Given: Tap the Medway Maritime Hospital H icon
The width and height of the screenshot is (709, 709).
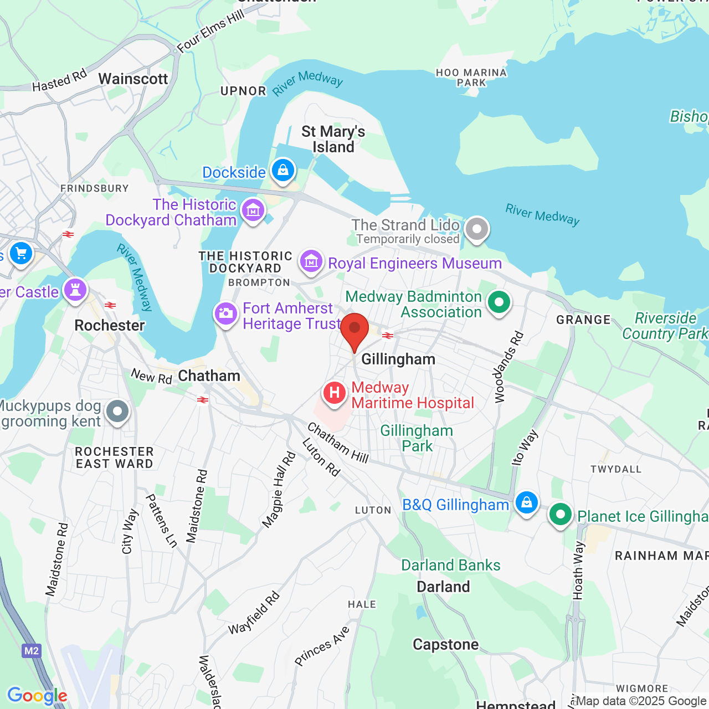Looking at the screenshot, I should (335, 394).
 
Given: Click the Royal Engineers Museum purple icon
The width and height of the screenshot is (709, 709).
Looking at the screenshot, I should (311, 261).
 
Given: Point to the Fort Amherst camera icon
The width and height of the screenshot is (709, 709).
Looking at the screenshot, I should (226, 314).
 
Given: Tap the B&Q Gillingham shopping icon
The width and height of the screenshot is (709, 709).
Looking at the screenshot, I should (526, 502).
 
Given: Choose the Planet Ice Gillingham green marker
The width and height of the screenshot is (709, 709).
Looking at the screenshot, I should (561, 515).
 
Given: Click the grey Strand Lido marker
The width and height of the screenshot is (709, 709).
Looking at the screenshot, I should (476, 228).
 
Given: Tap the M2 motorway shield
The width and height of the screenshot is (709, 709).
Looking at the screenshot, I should (32, 651).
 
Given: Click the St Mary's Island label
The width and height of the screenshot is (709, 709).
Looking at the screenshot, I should (333, 140).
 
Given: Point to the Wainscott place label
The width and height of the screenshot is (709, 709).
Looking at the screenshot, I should (133, 79).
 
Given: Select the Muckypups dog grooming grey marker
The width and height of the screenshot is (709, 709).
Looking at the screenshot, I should (117, 412).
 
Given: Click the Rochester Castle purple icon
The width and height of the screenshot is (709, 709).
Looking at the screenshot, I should (75, 289).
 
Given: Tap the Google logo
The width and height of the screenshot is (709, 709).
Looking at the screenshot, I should (37, 696).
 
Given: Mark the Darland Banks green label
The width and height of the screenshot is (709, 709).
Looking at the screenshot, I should (450, 566).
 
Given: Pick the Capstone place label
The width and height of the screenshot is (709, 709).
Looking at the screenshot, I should (445, 645).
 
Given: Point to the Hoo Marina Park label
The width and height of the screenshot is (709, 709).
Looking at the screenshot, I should (471, 78).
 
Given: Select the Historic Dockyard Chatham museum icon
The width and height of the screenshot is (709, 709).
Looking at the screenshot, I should (253, 210).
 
